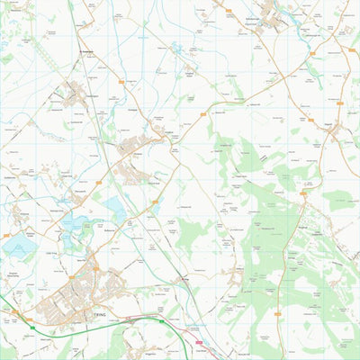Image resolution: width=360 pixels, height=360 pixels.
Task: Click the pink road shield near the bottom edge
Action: coord(200,342)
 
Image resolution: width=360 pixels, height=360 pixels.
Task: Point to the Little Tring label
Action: coord(49,255)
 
